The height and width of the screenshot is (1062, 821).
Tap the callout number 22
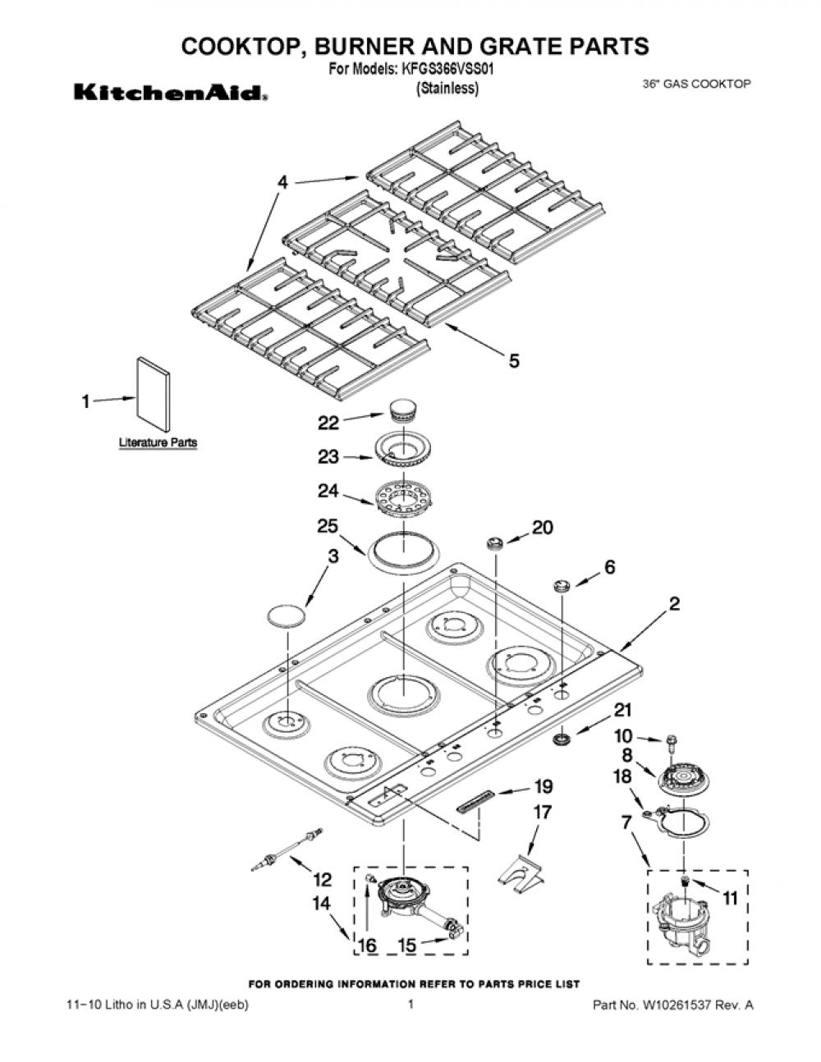click(328, 423)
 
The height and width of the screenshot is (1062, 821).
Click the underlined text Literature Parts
click(158, 443)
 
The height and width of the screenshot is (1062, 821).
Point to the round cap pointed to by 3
click(287, 615)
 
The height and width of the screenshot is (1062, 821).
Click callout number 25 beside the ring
click(328, 526)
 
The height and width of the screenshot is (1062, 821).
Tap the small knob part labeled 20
click(494, 542)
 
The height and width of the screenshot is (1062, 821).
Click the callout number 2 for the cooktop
click(674, 604)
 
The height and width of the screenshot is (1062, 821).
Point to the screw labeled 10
click(670, 746)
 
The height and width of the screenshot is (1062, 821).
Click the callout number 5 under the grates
click(514, 361)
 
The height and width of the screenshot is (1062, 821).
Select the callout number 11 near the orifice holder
click(730, 898)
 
